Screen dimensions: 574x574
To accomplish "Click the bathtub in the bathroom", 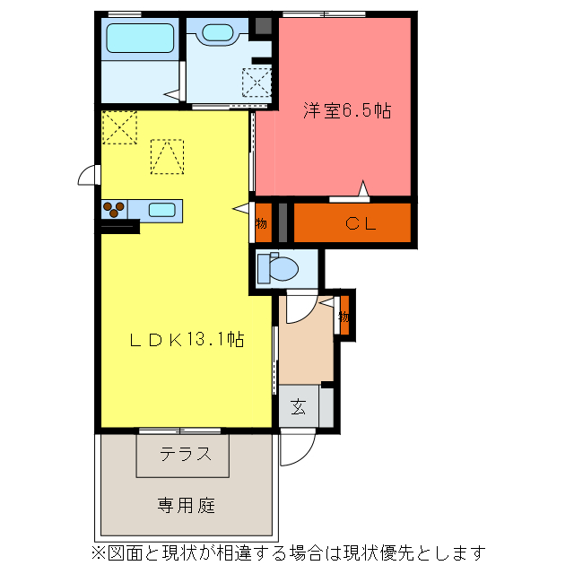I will (x=139, y=39).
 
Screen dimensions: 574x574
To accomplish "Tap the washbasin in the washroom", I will (x=217, y=34).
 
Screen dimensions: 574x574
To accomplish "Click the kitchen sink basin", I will (x=161, y=210).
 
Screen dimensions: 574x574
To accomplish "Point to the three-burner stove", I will (x=114, y=210).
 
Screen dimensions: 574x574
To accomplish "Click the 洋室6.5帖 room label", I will (x=346, y=111).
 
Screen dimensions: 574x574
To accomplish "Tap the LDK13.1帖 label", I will (x=187, y=340).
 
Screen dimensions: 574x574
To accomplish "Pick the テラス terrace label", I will (x=187, y=454).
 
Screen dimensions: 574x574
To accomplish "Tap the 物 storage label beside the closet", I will (x=262, y=223).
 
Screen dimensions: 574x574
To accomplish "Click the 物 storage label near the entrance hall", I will (x=344, y=316).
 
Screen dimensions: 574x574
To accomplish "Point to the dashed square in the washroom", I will (x=256, y=83).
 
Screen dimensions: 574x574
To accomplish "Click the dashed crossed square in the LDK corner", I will (x=118, y=126).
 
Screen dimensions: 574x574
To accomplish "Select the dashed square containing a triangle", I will (x=166, y=156).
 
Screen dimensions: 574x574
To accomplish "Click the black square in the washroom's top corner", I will (x=263, y=25).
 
